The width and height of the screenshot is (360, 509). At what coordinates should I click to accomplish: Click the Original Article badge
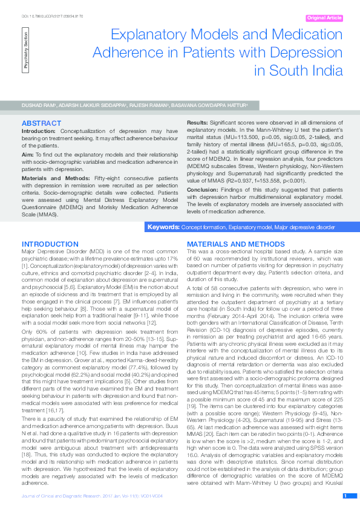324,18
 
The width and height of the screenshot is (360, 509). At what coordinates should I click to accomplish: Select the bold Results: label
198,123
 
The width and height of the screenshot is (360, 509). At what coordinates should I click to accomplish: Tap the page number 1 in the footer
345,496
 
